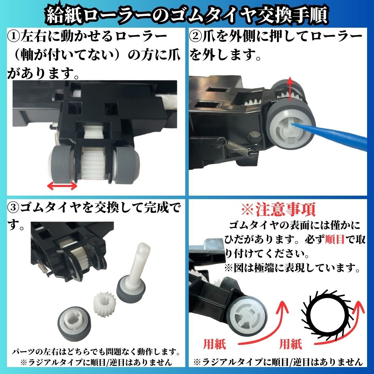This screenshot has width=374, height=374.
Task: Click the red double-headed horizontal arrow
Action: pyautogui.click(x=62, y=186)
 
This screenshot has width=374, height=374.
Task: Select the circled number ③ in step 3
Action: pyautogui.click(x=13, y=208)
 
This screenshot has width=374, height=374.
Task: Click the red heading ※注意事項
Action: pyautogui.click(x=278, y=210)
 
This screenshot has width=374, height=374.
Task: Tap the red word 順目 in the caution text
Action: pyautogui.click(x=334, y=240)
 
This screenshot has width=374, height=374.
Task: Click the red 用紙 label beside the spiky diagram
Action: pyautogui.click(x=291, y=344)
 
